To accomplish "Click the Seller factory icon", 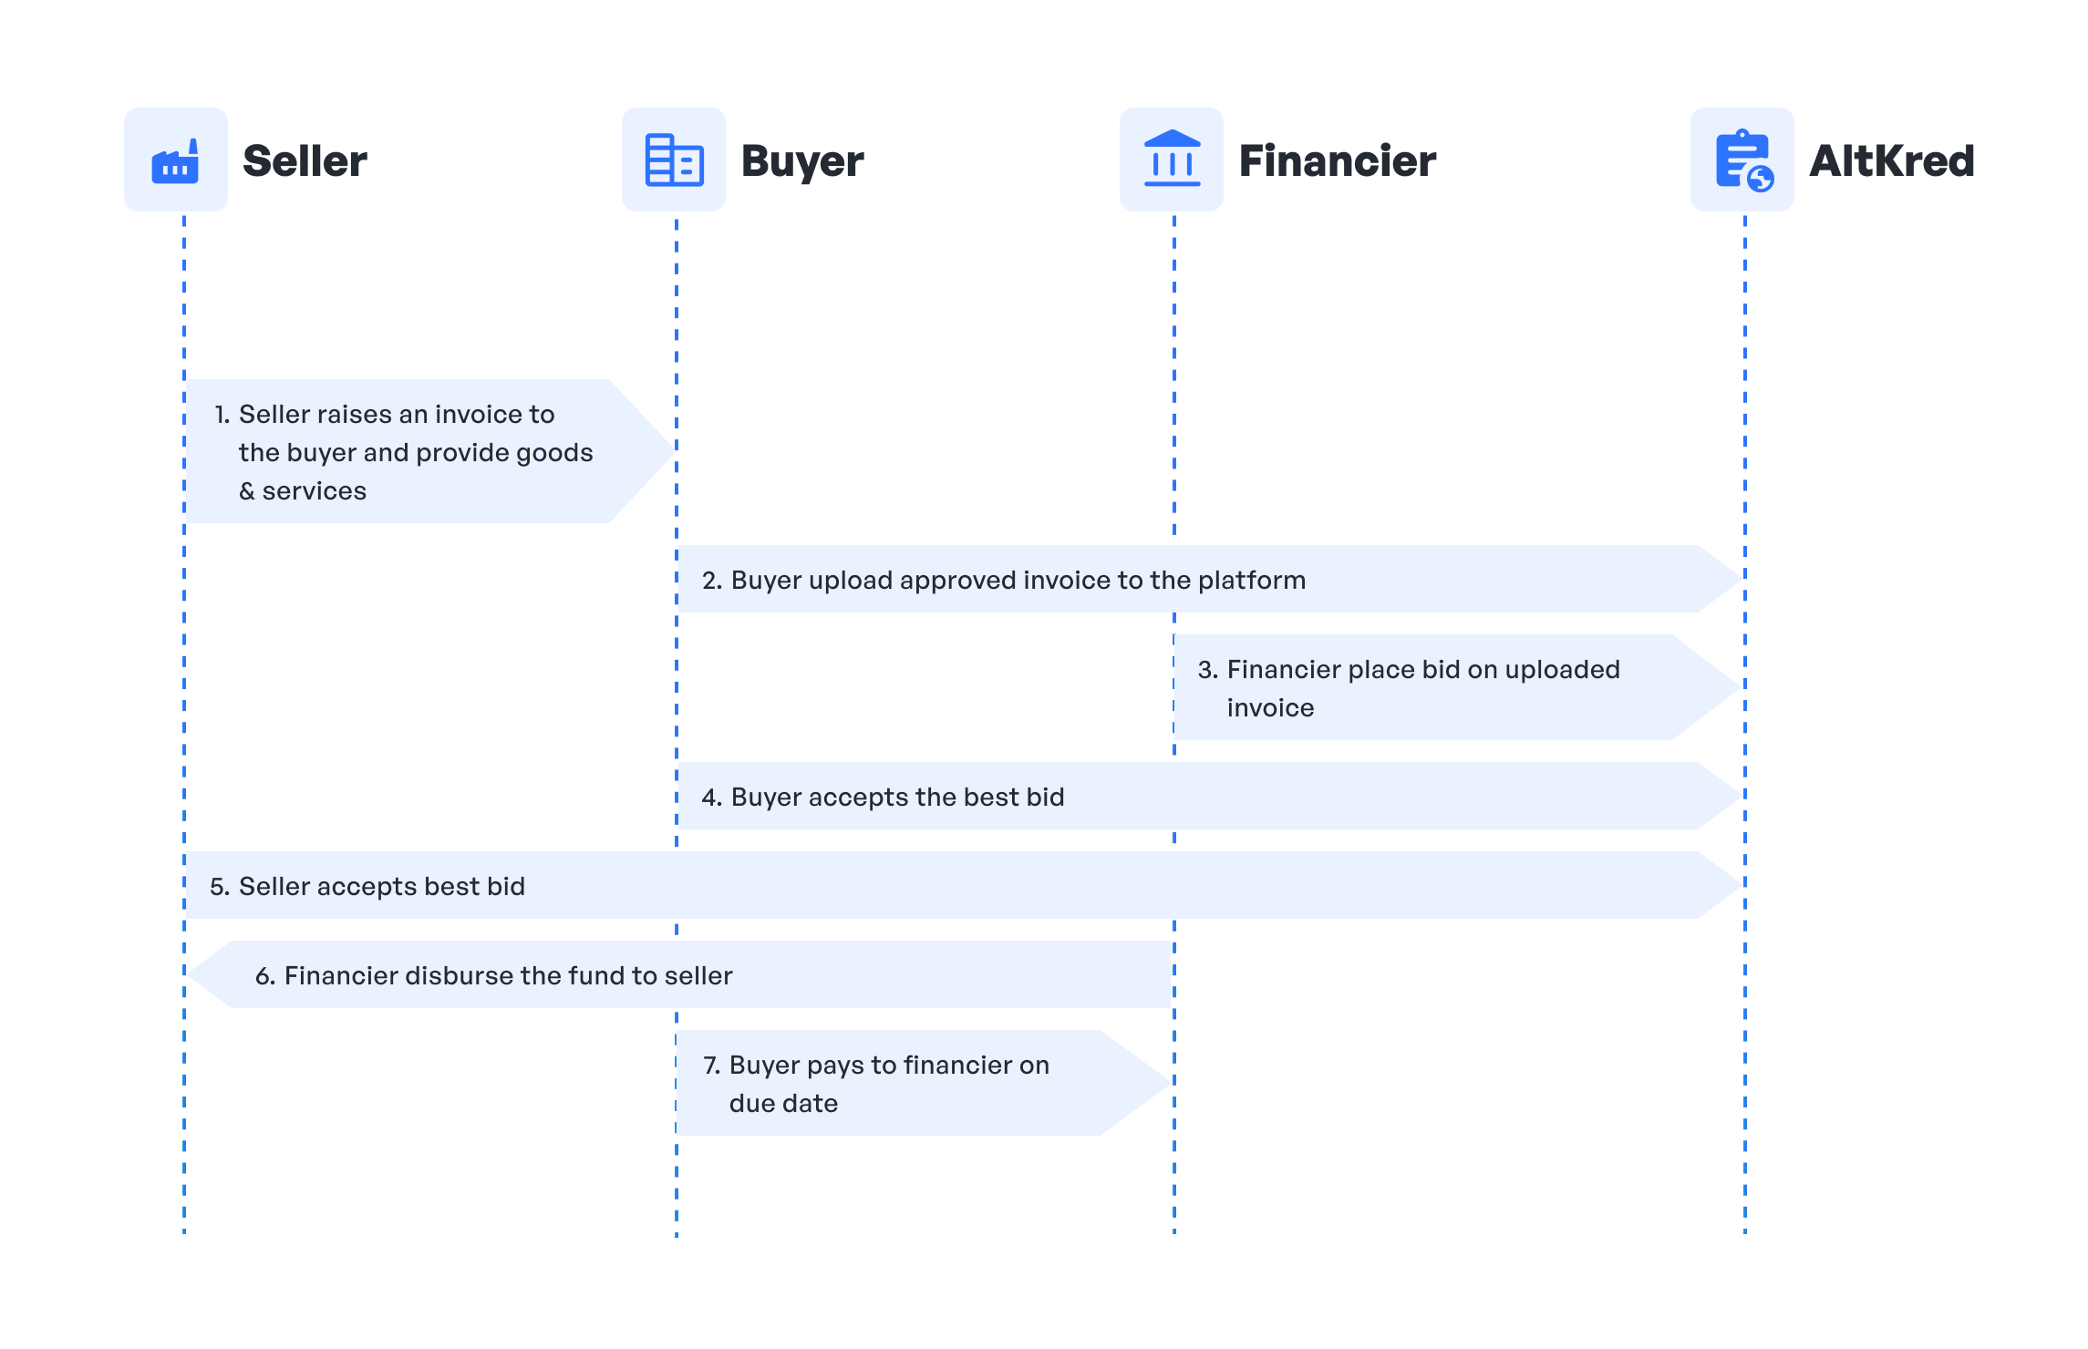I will (x=175, y=160).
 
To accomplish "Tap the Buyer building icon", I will (x=674, y=160).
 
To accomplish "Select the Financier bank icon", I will (x=1172, y=160).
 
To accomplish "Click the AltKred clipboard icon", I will (x=1742, y=160).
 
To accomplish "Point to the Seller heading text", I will (x=305, y=161).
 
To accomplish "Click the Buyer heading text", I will (x=802, y=161).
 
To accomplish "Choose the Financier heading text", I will (x=1337, y=161).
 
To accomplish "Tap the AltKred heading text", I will (x=1891, y=161).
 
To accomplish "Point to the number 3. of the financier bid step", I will (x=1207, y=670).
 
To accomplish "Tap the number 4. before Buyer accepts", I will (x=711, y=798).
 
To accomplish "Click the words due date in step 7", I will (x=783, y=1104).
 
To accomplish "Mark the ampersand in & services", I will (x=247, y=491).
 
